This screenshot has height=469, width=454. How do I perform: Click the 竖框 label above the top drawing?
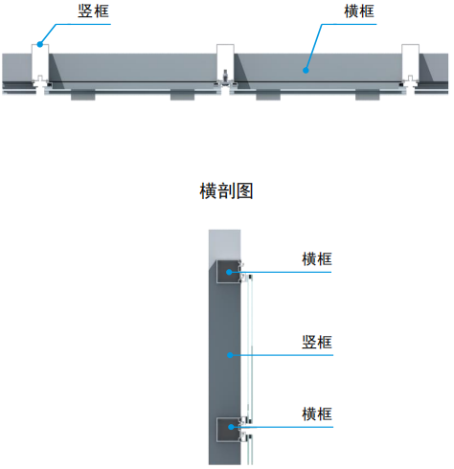click(x=93, y=11)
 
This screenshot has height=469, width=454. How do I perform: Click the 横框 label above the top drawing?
click(x=359, y=11)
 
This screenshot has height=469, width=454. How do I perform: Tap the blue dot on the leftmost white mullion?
click(x=39, y=44)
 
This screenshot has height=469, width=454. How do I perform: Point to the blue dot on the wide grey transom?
click(x=306, y=70)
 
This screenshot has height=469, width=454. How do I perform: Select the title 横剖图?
click(x=226, y=190)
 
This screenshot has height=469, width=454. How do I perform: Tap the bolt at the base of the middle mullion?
click(x=225, y=77)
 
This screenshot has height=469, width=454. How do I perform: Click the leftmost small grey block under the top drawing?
click(x=83, y=95)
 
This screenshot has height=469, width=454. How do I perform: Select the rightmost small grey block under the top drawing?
click(x=368, y=95)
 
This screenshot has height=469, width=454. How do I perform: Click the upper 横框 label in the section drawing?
click(x=317, y=258)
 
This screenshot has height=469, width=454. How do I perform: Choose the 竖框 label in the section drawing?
click(x=317, y=342)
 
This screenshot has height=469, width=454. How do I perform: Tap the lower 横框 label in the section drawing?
click(x=317, y=413)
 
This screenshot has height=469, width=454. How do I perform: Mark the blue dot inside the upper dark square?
click(x=229, y=272)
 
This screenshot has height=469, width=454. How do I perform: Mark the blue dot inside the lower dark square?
click(x=231, y=427)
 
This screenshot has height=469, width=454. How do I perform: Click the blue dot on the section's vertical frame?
click(x=230, y=355)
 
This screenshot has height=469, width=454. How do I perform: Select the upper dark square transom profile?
click(x=229, y=271)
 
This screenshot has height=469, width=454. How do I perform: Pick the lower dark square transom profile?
click(x=229, y=430)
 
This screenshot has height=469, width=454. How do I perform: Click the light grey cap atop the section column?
click(x=224, y=245)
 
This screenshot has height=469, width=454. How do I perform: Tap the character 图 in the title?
click(x=244, y=190)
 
